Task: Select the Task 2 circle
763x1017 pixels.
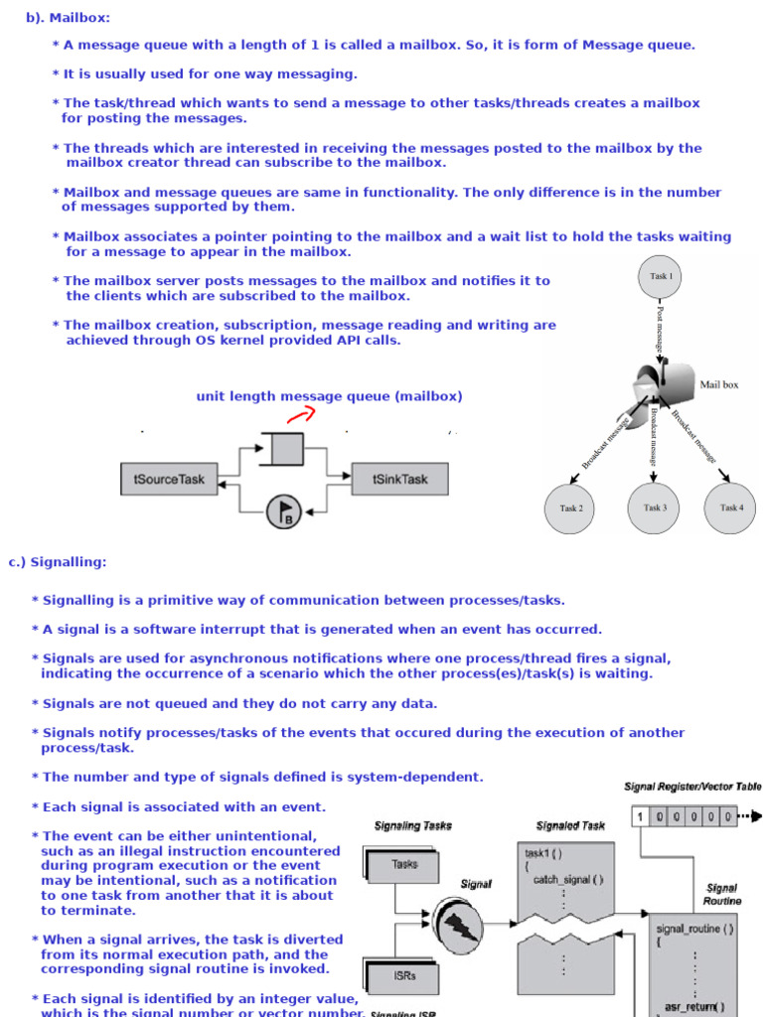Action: tap(571, 508)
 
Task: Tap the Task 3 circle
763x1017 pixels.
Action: tap(654, 508)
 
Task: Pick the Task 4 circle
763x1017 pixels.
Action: tap(731, 508)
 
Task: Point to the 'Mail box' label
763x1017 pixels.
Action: tap(719, 384)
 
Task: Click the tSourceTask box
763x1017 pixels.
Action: tap(169, 480)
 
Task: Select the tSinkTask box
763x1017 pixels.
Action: tap(400, 480)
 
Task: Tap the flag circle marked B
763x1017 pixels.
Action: tap(285, 512)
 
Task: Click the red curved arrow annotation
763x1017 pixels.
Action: tap(301, 415)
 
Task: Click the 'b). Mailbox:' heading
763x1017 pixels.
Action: tap(68, 17)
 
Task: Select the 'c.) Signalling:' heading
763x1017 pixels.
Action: tap(58, 562)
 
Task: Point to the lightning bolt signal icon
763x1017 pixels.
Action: tap(458, 924)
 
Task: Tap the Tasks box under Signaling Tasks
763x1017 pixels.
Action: tap(404, 864)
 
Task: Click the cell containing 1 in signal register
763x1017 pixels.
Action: tap(641, 817)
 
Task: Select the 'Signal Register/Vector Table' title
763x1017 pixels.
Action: tap(692, 787)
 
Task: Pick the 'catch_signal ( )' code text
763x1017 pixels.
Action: tap(568, 879)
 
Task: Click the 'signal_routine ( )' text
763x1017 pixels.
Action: tap(695, 929)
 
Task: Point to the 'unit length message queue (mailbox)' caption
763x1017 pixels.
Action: tap(329, 396)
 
